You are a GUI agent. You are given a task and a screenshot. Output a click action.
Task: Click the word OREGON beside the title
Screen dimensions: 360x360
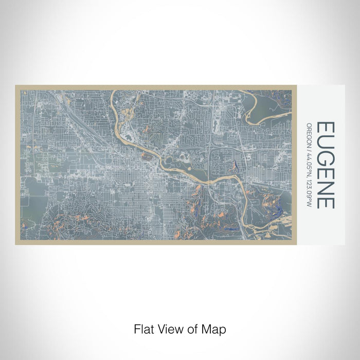309,135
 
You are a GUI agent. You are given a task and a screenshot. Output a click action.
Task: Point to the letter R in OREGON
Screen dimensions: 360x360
309,128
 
